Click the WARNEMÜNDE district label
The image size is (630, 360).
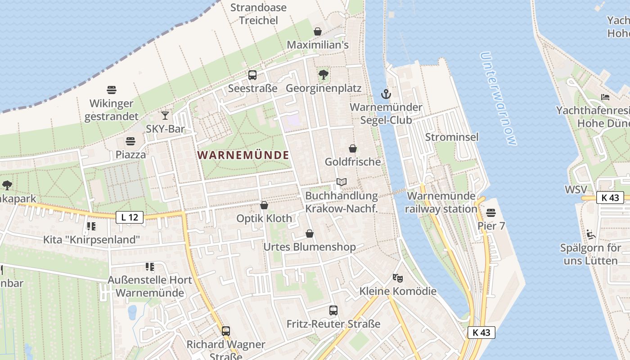[x=243, y=155]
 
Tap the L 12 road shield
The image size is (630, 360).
[x=130, y=218]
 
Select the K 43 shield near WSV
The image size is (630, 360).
[x=610, y=198]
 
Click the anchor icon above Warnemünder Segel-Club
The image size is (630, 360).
[x=386, y=94]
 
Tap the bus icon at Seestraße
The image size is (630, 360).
[x=252, y=75]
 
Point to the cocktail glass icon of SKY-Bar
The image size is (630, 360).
[x=165, y=116]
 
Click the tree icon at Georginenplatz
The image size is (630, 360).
[x=323, y=74]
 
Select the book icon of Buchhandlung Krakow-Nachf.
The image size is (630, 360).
[x=342, y=182]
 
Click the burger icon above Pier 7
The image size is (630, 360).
[x=491, y=212]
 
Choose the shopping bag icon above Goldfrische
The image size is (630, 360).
[x=353, y=148]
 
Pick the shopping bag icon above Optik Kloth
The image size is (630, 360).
[x=264, y=206]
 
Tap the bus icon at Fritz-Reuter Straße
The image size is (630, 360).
[x=333, y=310]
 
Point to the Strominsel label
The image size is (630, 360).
[x=452, y=137]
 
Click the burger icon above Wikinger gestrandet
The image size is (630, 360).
[x=112, y=90]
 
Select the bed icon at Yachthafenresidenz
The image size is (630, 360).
[x=605, y=97]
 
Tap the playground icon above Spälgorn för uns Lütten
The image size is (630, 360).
[x=590, y=234]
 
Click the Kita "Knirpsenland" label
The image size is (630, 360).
[x=91, y=240]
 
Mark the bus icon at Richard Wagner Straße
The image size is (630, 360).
[x=226, y=331]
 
